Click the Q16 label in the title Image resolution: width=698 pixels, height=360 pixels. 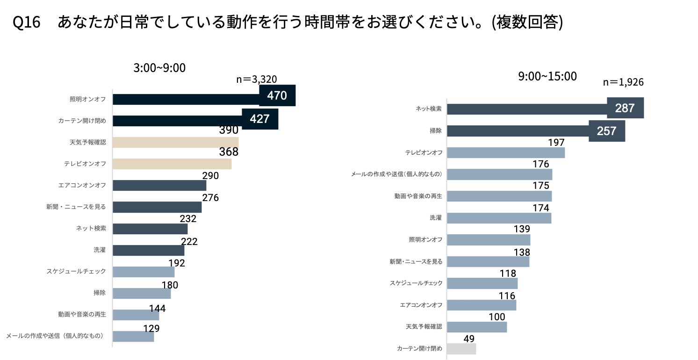(x=27, y=22)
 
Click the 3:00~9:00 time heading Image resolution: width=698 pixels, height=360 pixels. (x=159, y=68)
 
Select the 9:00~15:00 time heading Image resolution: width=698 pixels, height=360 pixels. (x=547, y=76)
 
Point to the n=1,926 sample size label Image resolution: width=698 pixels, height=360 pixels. (x=623, y=82)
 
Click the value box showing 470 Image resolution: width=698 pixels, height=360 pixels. (x=277, y=95)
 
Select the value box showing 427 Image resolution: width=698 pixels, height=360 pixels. (x=259, y=119)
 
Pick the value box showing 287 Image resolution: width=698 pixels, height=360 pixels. (x=625, y=108)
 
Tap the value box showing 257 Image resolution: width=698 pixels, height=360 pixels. (x=606, y=130)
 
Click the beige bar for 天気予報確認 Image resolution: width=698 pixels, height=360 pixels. (x=175, y=142)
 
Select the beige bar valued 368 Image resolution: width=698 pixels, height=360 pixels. (x=172, y=164)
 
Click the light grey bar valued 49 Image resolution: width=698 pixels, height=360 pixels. (x=461, y=349)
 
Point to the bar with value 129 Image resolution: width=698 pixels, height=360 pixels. (x=133, y=336)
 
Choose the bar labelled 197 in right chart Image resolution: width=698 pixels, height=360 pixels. (x=506, y=152)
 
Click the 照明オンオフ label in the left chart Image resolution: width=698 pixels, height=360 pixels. (x=87, y=99)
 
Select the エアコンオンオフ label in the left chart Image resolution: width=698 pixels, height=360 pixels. (x=82, y=185)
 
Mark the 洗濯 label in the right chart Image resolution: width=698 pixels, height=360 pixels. (x=435, y=218)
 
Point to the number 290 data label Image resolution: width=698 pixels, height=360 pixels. (x=210, y=176)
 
